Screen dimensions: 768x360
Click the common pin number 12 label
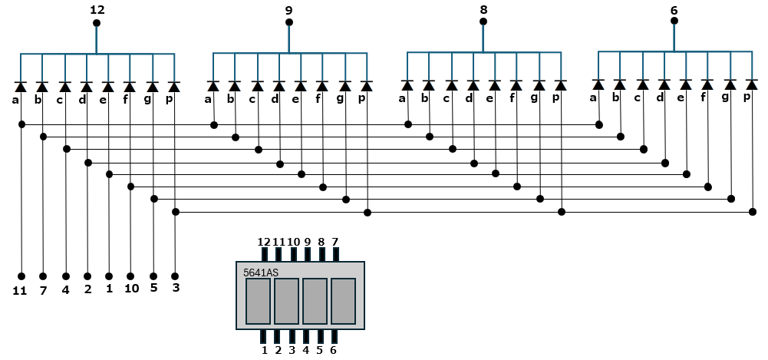click(x=97, y=9)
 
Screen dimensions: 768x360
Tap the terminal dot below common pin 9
click(x=289, y=22)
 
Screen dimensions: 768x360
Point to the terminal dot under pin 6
click(x=674, y=21)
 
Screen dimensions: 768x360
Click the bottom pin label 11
click(x=20, y=291)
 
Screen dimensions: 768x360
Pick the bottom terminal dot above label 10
click(x=130, y=276)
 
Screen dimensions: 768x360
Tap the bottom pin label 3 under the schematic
click(x=176, y=288)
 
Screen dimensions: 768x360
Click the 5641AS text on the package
click(x=261, y=272)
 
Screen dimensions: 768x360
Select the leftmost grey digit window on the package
click(x=258, y=301)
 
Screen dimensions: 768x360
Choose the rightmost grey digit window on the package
click(x=344, y=301)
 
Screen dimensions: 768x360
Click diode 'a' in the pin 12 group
click(x=20, y=87)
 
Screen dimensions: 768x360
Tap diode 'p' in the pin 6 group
click(x=752, y=84)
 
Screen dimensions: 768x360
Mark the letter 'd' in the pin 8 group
click(x=470, y=98)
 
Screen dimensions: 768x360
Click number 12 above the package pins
click(x=264, y=242)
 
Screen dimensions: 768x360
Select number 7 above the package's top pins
click(x=335, y=242)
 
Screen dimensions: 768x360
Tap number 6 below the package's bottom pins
click(x=334, y=350)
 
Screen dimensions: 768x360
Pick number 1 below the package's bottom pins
click(x=265, y=350)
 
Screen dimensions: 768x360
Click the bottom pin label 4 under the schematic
click(x=66, y=290)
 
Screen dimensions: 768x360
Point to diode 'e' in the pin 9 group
click(x=300, y=86)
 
